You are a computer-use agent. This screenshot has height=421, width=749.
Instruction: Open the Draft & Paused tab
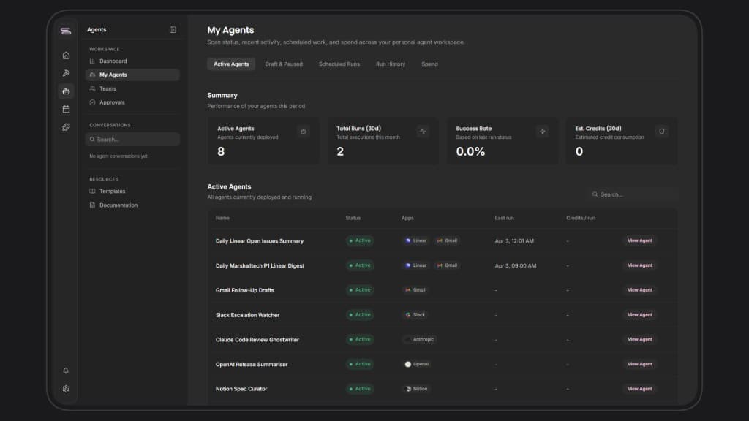point(284,64)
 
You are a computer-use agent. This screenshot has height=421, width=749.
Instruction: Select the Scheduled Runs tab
point(339,64)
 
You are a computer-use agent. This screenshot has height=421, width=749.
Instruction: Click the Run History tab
point(391,64)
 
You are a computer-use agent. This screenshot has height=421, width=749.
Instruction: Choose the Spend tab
point(429,64)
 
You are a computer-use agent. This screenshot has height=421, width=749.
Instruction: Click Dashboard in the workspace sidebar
point(113,61)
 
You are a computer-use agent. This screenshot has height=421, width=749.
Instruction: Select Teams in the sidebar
point(108,88)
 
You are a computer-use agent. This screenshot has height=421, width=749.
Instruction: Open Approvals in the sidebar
point(112,102)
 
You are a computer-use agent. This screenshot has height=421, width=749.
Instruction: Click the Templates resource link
point(112,191)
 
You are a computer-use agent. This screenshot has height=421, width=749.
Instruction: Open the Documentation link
point(118,205)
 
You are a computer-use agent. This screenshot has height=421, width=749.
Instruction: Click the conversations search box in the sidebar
point(132,140)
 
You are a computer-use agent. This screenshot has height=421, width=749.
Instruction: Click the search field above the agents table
point(633,194)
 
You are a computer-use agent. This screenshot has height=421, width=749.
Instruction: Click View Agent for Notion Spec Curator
point(639,389)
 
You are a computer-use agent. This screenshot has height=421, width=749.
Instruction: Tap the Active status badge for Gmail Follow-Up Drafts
point(360,290)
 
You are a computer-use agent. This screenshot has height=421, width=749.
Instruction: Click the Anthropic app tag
point(419,340)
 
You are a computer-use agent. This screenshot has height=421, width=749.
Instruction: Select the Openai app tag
point(417,364)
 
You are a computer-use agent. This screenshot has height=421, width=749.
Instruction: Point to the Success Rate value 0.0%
point(470,152)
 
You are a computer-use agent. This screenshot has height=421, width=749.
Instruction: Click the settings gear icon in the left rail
point(66,389)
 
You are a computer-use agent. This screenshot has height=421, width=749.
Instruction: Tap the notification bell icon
point(66,371)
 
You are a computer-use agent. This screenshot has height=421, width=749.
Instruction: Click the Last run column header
point(504,218)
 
